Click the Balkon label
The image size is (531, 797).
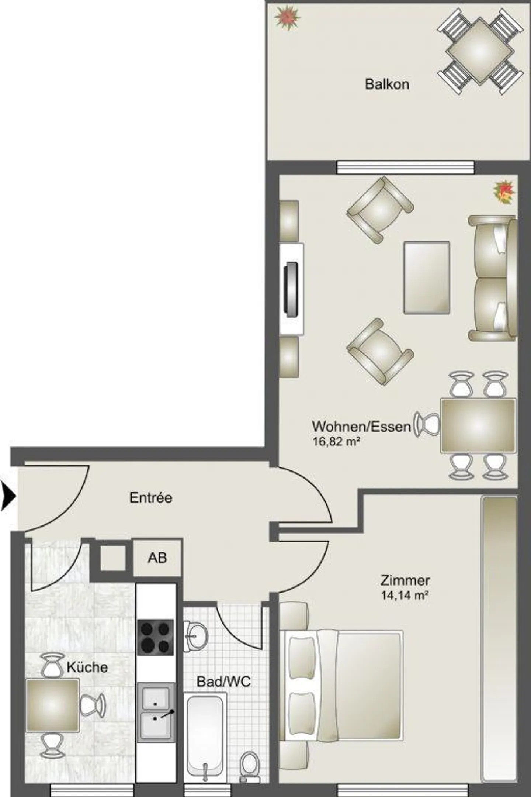387,84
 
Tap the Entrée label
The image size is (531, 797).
151,498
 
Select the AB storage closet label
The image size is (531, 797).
157,558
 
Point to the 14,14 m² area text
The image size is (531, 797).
405,595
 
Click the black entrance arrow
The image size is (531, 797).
8,497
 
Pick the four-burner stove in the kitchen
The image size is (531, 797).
155,637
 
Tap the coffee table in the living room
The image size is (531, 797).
427,278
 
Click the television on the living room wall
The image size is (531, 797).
291,289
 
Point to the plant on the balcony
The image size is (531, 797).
287,18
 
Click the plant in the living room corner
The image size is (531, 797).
504,192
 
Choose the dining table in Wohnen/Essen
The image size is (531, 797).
478,425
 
